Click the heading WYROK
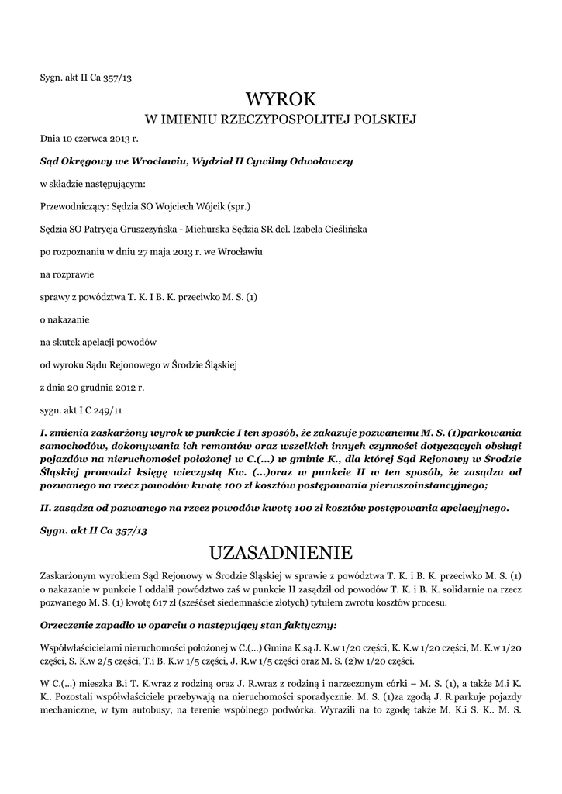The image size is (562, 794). pos(281,98)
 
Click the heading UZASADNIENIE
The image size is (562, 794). pos(281,552)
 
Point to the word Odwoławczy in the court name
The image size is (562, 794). pos(321,161)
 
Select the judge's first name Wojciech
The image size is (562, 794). pos(175,206)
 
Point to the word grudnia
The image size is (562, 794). pos(102,385)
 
